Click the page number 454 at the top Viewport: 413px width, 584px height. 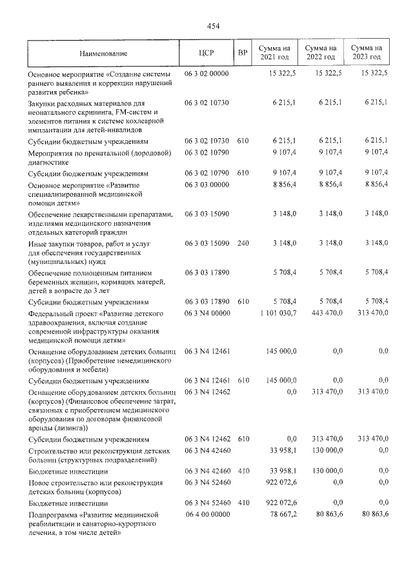(213, 26)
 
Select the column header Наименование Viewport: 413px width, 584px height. (103, 53)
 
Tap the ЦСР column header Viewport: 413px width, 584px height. (206, 53)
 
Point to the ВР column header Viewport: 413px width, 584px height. (243, 53)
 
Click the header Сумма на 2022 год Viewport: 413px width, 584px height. (321, 53)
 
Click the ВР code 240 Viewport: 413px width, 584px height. (243, 243)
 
